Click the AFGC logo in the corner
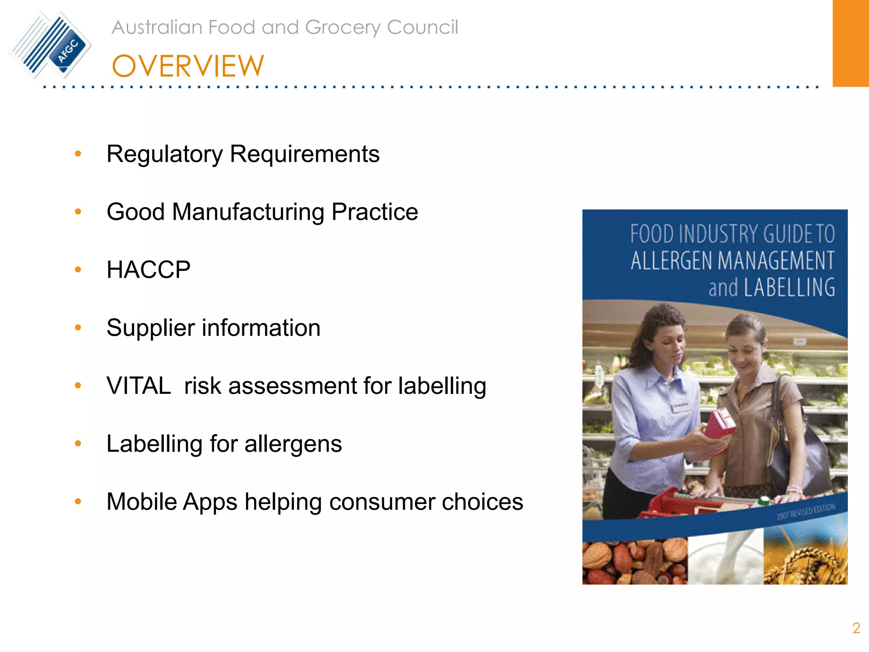point(50,45)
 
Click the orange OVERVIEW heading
point(188,67)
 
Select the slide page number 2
point(856,628)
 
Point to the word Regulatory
point(164,154)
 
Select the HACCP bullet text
point(149,270)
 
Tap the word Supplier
point(150,328)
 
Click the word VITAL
point(139,386)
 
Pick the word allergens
point(293,444)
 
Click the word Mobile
point(142,502)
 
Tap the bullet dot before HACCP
point(78,270)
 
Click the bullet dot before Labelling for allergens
point(78,444)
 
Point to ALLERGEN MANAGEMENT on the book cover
point(732,261)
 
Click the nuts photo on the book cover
point(634,561)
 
